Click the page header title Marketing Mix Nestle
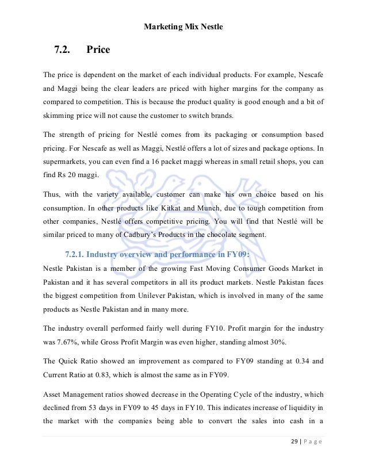point(183,26)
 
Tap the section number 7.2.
point(62,50)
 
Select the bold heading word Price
point(98,50)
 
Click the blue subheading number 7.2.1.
point(75,254)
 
